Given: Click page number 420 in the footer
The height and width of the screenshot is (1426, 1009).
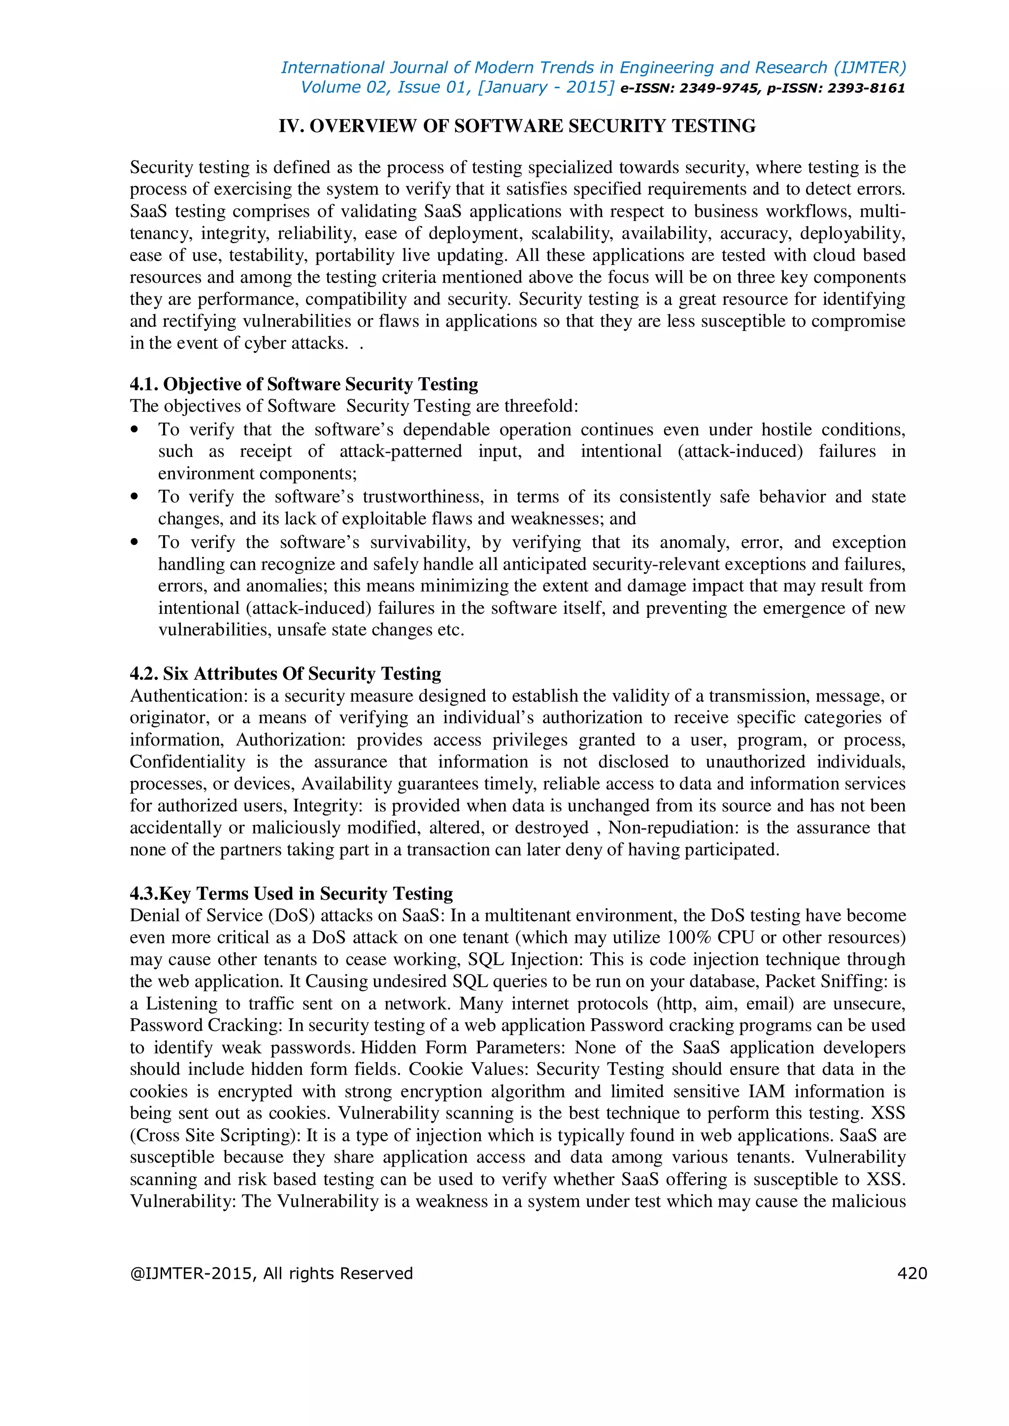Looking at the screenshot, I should tap(911, 1273).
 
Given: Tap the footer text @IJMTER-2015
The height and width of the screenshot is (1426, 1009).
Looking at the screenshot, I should tap(191, 1274).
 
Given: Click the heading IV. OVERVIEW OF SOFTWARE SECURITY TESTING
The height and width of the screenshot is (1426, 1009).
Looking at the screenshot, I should tap(517, 126).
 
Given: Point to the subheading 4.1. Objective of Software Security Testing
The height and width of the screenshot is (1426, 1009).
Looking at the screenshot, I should tap(304, 385).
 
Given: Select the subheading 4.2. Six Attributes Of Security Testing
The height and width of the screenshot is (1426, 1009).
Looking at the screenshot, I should tap(285, 674).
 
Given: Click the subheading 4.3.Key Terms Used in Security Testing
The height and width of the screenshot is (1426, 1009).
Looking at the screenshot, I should tap(291, 894).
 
